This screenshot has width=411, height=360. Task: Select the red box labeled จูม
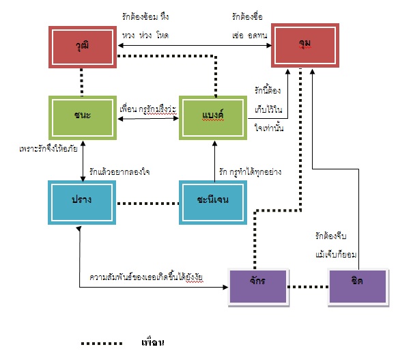304,44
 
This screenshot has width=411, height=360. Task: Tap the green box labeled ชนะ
82,115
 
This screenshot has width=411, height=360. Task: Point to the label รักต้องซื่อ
247,15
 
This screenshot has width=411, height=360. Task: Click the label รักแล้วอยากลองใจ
120,172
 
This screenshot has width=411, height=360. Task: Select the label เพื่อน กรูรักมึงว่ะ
148,109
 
